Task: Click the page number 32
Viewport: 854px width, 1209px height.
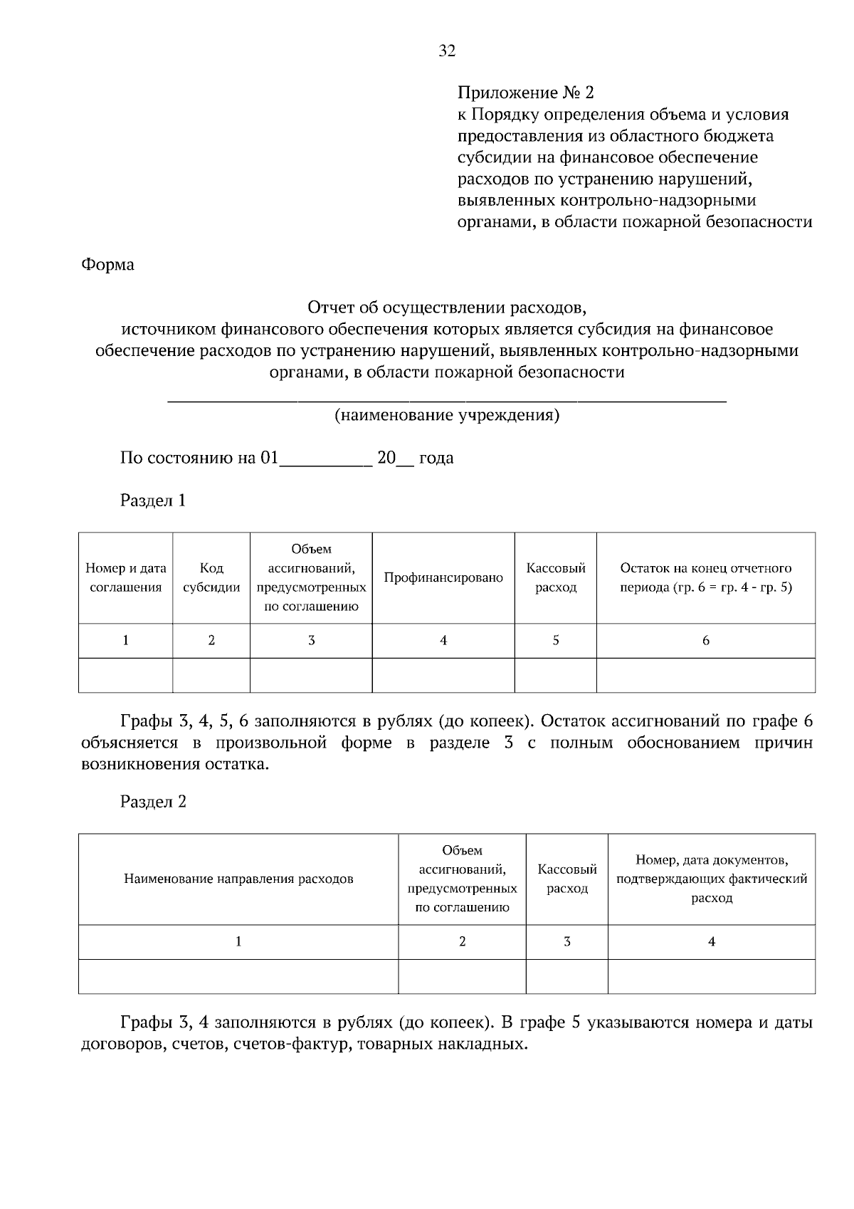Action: pos(447,51)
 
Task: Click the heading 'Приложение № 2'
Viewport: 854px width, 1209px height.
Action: pos(524,93)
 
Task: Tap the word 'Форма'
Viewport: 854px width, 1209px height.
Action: pos(108,265)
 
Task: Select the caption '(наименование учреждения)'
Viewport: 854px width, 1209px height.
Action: pos(447,415)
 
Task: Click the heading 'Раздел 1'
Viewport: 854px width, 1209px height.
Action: pos(153,501)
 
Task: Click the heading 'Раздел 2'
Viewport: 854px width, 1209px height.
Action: pos(153,802)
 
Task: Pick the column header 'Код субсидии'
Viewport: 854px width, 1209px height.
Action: pos(211,577)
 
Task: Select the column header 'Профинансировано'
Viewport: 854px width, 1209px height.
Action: pos(443,577)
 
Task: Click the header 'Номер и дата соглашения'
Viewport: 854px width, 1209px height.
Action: pos(126,577)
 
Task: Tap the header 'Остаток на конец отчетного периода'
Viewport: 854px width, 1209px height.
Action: pos(705,577)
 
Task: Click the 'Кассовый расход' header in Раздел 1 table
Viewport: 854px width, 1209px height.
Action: pos(556,577)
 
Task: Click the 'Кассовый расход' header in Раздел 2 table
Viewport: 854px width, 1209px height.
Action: pos(567,879)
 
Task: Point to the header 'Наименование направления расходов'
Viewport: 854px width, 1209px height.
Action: pos(238,879)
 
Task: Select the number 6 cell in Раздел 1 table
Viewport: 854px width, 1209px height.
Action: pos(705,641)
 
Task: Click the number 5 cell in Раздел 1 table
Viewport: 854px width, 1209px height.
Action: pos(556,641)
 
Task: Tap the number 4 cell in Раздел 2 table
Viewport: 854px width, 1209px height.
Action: pos(712,942)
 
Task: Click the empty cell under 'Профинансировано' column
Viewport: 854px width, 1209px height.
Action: pos(443,675)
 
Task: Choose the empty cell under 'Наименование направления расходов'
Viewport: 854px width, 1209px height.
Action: pos(238,976)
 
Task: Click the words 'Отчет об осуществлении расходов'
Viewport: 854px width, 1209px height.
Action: pos(446,308)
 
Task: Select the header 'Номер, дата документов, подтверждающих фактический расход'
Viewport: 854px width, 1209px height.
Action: pos(712,879)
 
